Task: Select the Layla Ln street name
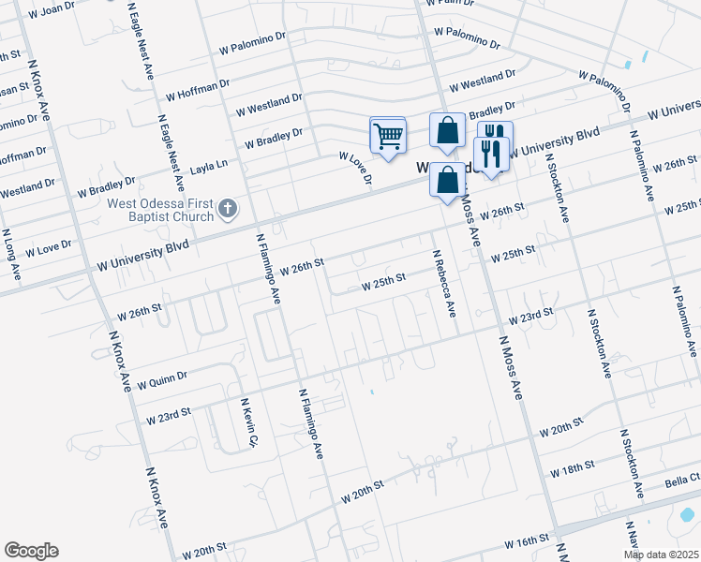click(x=209, y=166)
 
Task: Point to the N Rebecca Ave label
click(x=443, y=284)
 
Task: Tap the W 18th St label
click(x=573, y=466)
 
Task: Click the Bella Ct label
click(x=682, y=481)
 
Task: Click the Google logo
click(x=31, y=551)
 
